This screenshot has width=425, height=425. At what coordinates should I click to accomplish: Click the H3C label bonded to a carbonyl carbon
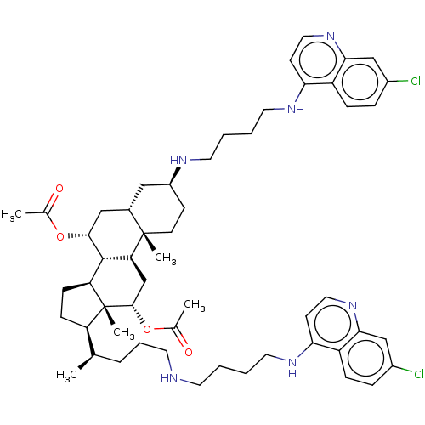11,215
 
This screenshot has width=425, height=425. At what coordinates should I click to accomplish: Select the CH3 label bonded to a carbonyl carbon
195,305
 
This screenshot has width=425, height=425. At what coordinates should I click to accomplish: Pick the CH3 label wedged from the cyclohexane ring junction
166,258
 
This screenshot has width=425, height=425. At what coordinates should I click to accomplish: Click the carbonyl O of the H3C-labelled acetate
59,189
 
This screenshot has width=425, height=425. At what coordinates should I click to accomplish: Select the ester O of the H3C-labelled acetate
60,236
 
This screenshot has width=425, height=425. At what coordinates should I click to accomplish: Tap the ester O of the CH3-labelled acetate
147,330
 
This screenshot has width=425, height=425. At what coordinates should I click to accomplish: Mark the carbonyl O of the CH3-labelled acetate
189,352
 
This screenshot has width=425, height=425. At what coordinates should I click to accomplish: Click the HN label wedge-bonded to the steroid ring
178,161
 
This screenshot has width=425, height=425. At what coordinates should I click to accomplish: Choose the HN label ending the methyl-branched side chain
169,378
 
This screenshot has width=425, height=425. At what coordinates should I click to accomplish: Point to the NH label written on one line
296,110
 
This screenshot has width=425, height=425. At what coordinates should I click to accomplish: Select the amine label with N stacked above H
292,368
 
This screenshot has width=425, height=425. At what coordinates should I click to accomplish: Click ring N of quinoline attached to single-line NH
331,37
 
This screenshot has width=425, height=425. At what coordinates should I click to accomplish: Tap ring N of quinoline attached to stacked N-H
353,306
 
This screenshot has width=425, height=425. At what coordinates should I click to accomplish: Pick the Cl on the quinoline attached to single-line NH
416,82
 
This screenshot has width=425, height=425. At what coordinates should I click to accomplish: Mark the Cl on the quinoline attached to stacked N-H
419,374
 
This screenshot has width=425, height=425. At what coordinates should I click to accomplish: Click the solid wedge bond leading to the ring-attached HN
174,176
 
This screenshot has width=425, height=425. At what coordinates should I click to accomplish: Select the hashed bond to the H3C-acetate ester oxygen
78,235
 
